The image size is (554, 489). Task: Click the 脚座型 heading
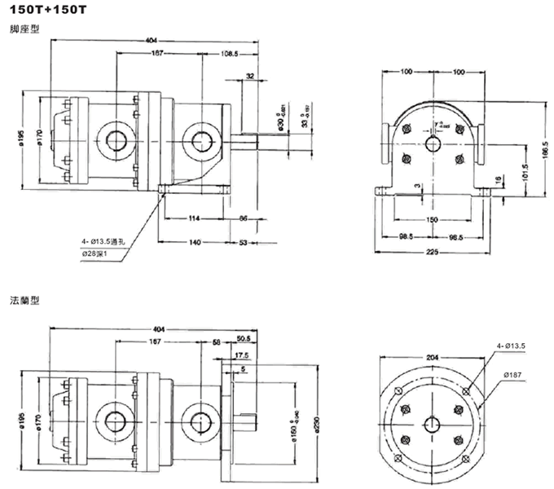pos(22,29)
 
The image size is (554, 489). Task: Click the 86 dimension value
pos(244,219)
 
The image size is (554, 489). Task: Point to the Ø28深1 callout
pos(100,255)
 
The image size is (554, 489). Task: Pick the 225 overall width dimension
pos(433,253)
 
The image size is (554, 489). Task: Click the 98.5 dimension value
pos(405,237)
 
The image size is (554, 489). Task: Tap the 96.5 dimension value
pos(457,237)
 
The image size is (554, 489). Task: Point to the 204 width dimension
pos(433,356)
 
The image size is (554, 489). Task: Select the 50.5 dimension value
pos(243,337)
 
